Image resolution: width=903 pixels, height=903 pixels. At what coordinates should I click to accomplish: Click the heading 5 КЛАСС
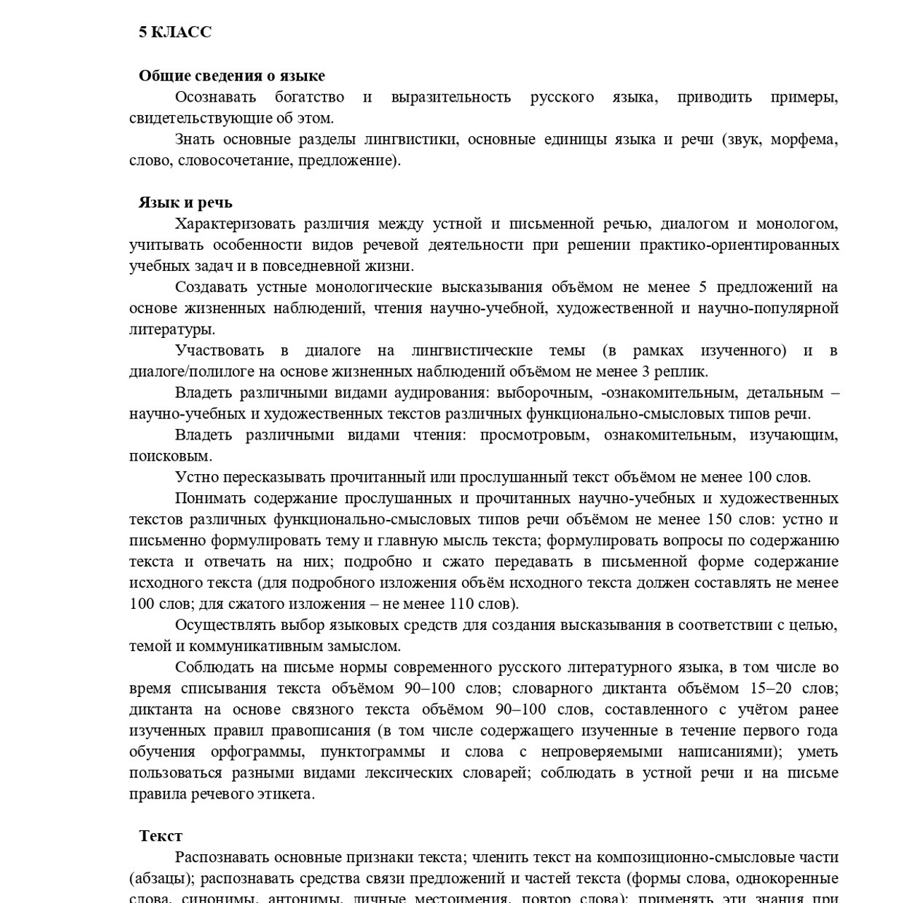coord(175,32)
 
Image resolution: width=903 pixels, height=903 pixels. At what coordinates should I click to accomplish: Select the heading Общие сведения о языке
coord(231,75)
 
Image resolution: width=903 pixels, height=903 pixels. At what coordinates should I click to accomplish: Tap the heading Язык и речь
coord(185,202)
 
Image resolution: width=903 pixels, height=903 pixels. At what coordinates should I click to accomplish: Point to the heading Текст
coord(161,836)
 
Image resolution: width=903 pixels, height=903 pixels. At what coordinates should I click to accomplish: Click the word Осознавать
coord(215,97)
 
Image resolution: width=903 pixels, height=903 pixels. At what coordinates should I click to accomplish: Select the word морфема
coord(804,139)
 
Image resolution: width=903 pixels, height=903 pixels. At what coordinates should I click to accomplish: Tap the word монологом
coord(797,224)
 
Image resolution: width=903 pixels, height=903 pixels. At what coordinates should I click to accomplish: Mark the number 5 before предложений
coord(702,287)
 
